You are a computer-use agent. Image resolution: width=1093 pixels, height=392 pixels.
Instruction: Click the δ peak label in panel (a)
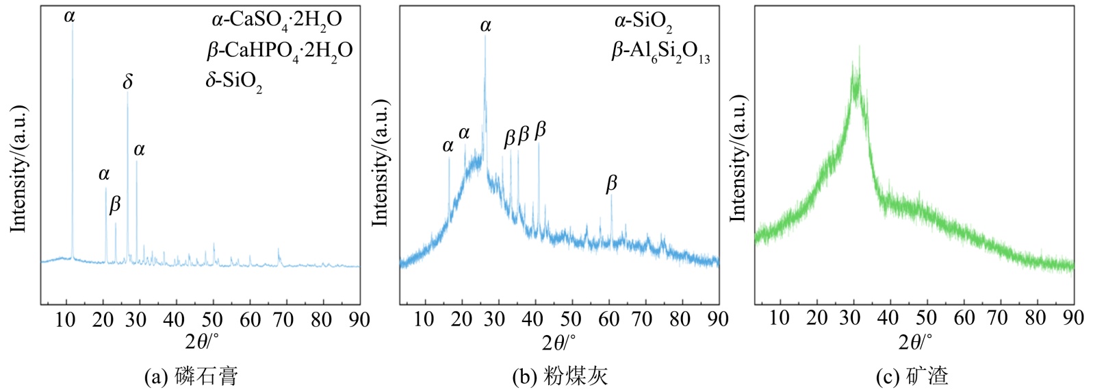point(128,82)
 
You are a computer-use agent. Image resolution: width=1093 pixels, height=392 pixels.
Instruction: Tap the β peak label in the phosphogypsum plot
point(115,204)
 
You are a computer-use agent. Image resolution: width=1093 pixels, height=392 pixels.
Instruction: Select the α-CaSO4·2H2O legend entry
point(276,20)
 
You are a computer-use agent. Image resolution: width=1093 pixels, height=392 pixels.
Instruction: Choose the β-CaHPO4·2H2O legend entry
point(279,51)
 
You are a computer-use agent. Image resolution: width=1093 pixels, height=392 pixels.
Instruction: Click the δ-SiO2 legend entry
point(233,82)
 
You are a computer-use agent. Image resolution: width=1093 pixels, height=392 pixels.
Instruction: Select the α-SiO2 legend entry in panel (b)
point(643,22)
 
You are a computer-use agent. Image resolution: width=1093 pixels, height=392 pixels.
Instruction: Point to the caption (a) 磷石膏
point(191,376)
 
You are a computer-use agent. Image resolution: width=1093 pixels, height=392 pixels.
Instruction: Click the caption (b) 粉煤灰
point(559,376)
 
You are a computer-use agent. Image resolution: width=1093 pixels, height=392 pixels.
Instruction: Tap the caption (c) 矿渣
point(912,376)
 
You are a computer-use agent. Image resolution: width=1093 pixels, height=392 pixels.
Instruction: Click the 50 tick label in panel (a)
point(212,319)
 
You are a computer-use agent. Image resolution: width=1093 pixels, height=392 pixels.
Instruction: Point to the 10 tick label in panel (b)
point(424,319)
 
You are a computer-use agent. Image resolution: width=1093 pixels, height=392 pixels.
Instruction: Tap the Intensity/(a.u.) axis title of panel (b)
point(380,162)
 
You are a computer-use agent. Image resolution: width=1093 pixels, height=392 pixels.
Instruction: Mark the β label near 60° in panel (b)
point(611,183)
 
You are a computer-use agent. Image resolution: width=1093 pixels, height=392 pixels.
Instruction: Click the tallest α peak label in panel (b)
point(485,26)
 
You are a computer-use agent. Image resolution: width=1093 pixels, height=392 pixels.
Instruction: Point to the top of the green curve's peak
point(857,48)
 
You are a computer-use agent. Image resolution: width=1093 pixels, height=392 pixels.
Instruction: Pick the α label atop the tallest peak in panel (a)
point(69,16)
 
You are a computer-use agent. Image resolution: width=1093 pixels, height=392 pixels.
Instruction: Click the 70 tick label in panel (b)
point(642,319)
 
